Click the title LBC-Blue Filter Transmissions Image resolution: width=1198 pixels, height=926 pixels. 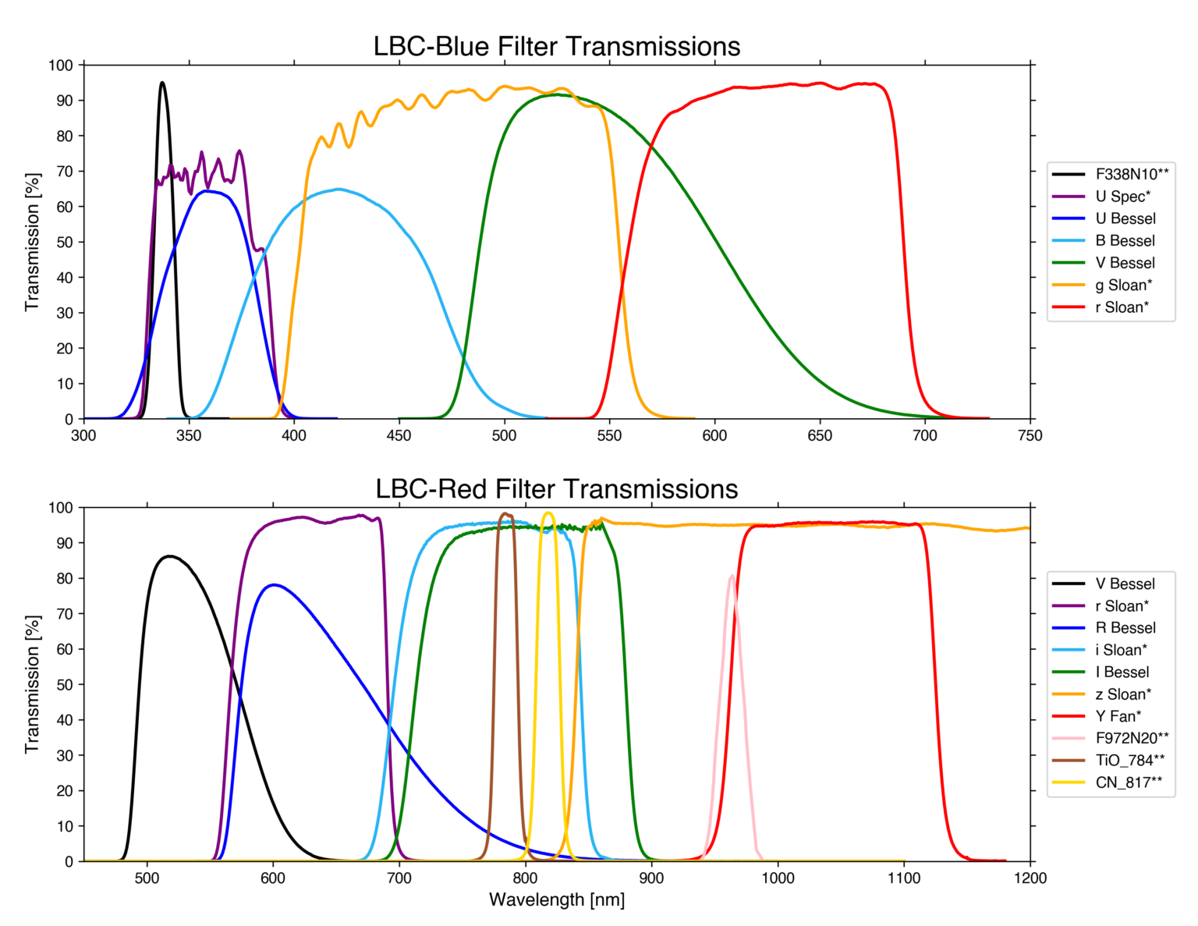click(556, 47)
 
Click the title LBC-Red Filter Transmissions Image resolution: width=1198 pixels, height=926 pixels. click(556, 489)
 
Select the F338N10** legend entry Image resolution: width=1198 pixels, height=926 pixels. click(1131, 175)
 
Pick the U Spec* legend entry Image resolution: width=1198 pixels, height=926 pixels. click(1122, 197)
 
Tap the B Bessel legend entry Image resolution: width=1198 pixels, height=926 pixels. click(1125, 241)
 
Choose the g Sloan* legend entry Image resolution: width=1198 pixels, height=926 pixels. click(1123, 286)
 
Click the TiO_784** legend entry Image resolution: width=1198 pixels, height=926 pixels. click(1129, 761)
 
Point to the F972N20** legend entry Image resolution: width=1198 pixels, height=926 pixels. click(1132, 738)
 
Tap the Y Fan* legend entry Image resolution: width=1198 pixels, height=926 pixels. click(1118, 716)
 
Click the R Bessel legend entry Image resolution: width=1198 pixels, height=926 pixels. click(1125, 628)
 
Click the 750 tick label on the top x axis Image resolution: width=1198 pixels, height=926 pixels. click(1030, 436)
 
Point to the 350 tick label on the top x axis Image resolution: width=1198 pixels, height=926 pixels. click(189, 436)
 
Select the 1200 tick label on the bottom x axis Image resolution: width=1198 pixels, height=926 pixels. click(1030, 878)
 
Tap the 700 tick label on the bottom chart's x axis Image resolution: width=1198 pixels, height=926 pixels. click(399, 878)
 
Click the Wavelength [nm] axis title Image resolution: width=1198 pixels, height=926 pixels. click(556, 900)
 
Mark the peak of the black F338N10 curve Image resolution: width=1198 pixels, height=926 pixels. click(162, 83)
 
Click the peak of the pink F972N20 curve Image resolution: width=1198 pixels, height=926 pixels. click(732, 577)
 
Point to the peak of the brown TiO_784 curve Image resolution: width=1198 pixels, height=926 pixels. click(505, 513)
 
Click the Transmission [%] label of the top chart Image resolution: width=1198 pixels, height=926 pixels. click(32, 242)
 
